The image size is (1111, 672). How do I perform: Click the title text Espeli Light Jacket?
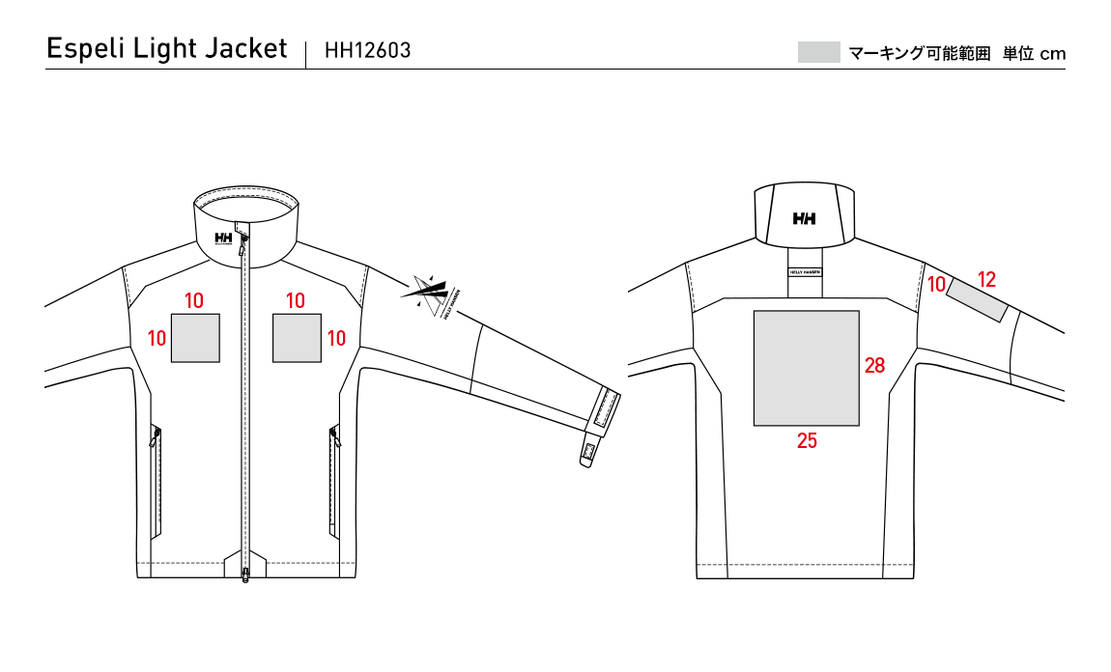pos(167,49)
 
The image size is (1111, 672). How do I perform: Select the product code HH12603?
pos(367,50)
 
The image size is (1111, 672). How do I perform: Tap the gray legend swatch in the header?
pos(818,52)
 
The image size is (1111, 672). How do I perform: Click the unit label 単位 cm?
pos(1034,53)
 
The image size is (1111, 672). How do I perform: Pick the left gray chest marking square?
pos(195,338)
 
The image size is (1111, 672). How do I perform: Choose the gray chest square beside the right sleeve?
pos(297,338)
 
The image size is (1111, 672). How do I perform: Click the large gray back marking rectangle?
pos(807,368)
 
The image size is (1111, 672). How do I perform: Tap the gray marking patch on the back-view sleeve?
pos(978,300)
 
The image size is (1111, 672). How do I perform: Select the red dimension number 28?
pos(875,365)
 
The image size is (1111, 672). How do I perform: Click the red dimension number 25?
pos(807,440)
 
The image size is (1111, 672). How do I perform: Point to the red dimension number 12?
pos(986,279)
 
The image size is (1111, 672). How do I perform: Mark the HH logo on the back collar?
pos(805,219)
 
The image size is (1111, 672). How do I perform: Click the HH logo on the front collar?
pos(223,238)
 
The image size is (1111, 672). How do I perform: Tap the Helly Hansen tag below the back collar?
pos(805,271)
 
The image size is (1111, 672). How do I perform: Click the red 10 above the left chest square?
pos(194,300)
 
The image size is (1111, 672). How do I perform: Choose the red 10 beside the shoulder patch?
pos(936,284)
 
